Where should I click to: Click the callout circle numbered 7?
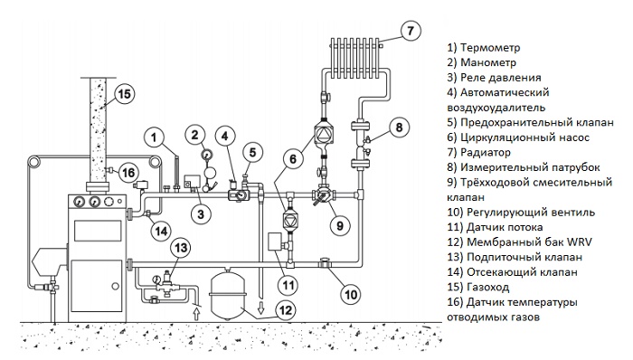[411, 30]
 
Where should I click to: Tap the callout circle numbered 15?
[124, 94]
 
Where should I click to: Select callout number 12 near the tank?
[286, 310]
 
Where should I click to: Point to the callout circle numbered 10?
[351, 295]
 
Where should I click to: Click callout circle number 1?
[154, 137]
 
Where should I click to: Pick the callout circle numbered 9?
[339, 225]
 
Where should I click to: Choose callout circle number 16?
[128, 173]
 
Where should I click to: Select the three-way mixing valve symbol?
[323, 195]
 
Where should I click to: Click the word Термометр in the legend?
[490, 48]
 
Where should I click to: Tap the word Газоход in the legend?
[487, 287]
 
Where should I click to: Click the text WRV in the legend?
[580, 242]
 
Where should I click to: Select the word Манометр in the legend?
[488, 62]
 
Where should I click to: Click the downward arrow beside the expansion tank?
[261, 307]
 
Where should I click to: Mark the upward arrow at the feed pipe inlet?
[196, 313]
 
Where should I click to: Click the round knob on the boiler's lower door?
[116, 286]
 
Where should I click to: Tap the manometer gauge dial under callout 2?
[208, 155]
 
